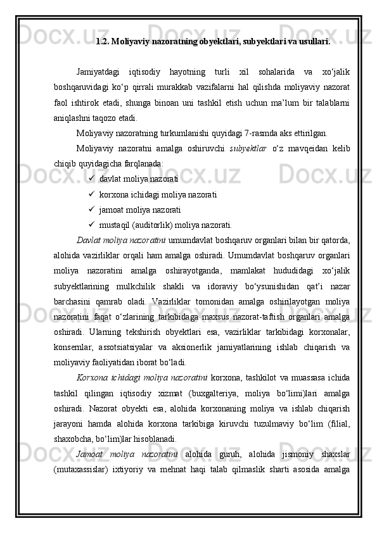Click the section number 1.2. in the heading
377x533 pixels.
(102, 42)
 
